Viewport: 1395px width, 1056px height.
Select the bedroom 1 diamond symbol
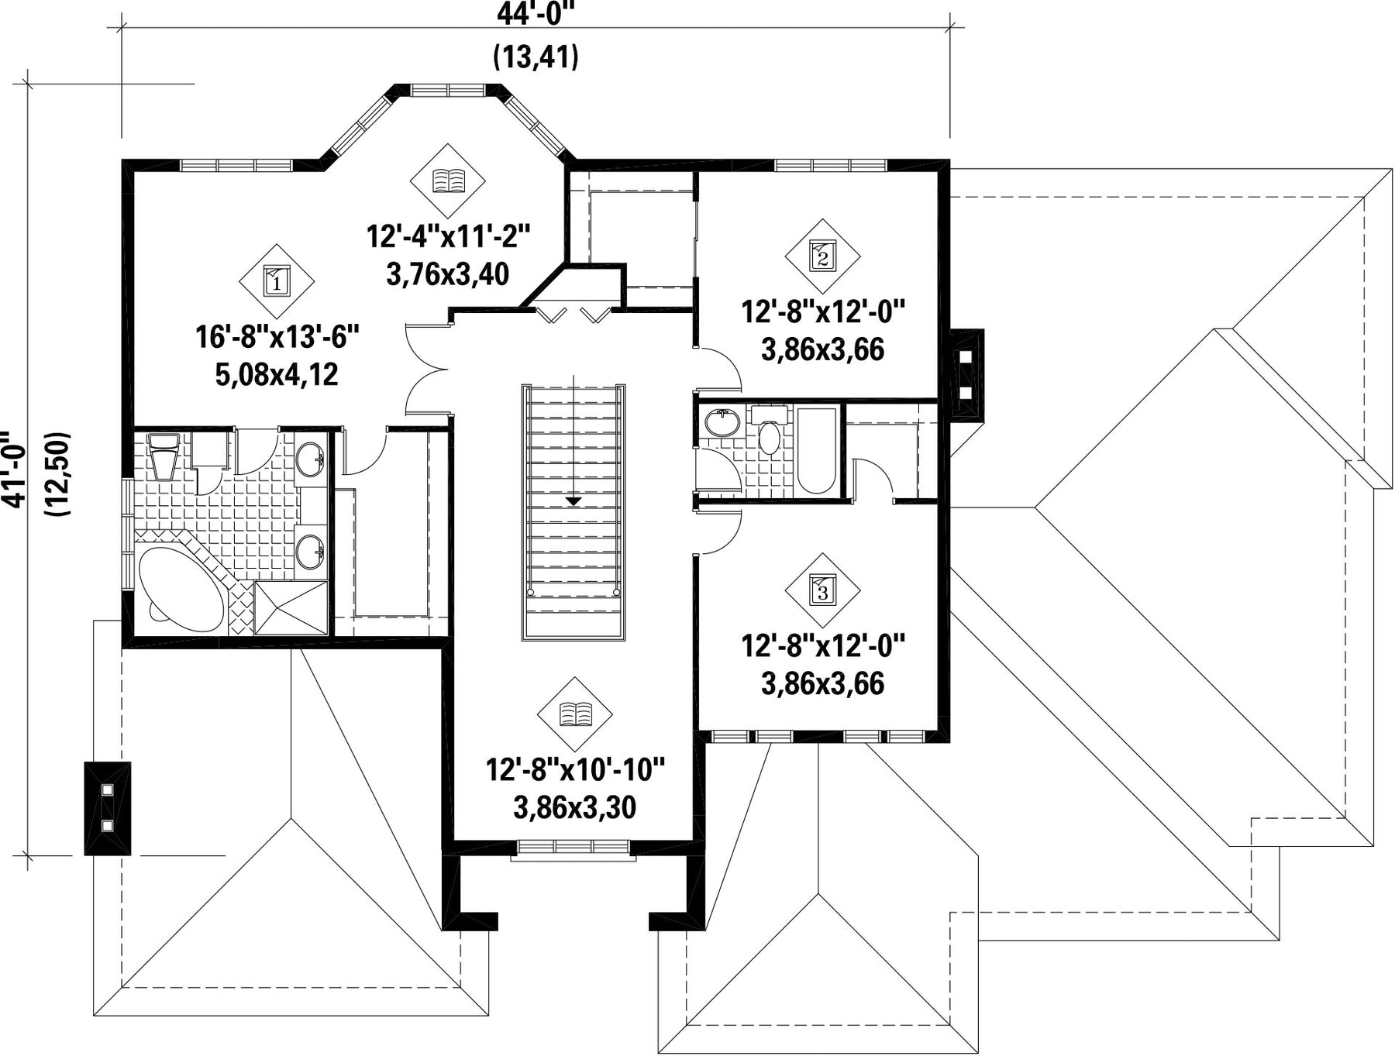(x=277, y=281)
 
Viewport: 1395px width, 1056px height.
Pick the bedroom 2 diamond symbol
(x=822, y=255)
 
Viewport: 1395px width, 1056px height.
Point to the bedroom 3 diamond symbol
(x=822, y=590)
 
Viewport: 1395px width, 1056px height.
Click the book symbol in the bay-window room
(x=448, y=181)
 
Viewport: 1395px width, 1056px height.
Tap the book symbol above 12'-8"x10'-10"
(x=574, y=714)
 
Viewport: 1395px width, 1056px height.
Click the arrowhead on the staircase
(x=573, y=500)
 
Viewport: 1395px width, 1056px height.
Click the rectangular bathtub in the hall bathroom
(x=816, y=450)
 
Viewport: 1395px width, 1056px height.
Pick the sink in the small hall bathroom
(x=722, y=423)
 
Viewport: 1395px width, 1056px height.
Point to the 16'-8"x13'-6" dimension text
(x=277, y=337)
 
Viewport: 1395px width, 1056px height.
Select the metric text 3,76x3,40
(x=448, y=273)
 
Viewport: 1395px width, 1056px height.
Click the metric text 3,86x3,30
(x=574, y=807)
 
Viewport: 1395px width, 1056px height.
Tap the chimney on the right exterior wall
(x=966, y=375)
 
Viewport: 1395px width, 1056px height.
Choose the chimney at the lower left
(x=107, y=808)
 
